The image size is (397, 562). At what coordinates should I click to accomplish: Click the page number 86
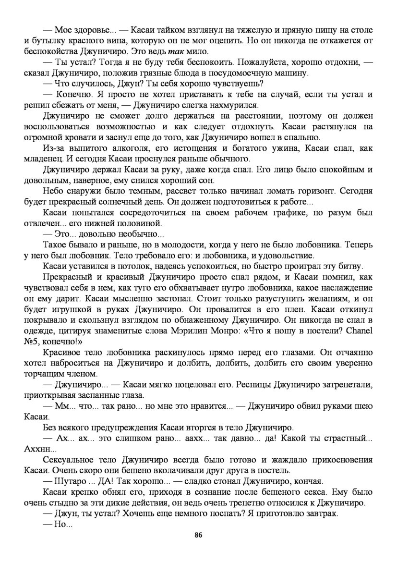click(198, 535)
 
